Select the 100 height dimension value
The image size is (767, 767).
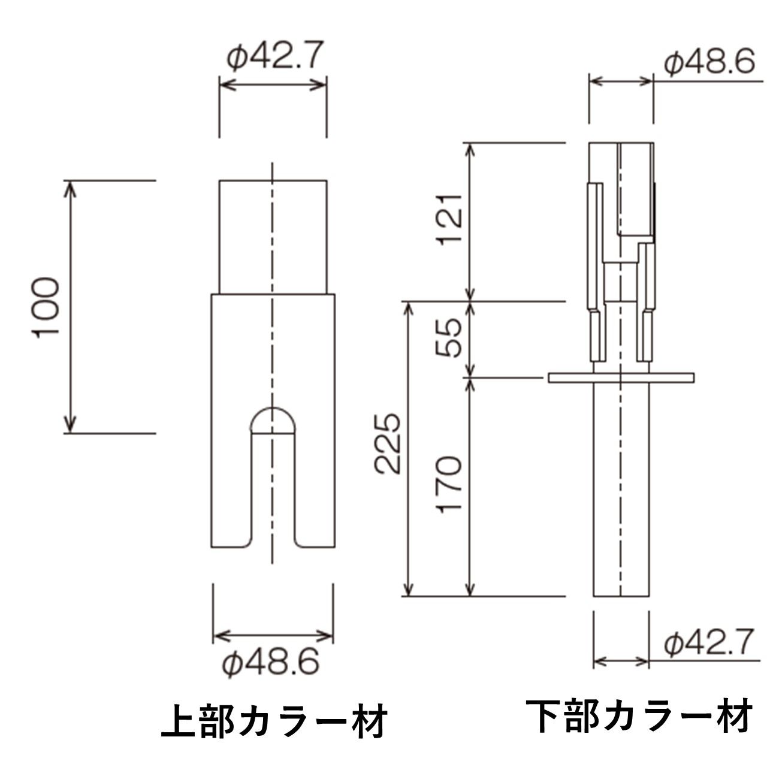click(46, 307)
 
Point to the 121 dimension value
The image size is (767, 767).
click(449, 219)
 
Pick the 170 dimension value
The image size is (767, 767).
click(449, 484)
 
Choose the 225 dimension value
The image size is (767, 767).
click(387, 444)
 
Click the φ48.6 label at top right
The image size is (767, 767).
click(709, 63)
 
